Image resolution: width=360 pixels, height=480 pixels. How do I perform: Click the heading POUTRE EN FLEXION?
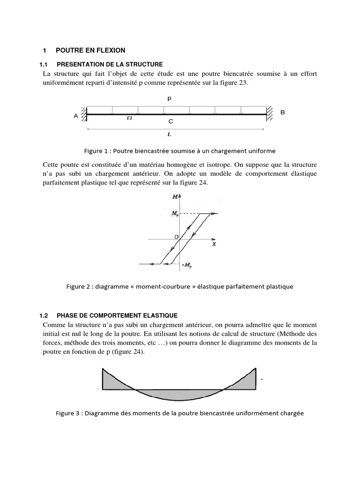coord(90,50)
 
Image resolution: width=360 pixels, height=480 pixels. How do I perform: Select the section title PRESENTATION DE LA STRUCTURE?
coord(109,64)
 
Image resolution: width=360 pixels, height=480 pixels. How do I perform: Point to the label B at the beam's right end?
coord(282,113)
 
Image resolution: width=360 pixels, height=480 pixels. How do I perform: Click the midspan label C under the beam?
coord(171,121)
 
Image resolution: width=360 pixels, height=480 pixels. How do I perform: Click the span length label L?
coord(169,134)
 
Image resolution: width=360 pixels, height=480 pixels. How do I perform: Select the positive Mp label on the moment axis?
coord(174,214)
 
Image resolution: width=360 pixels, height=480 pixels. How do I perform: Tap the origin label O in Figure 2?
coord(176,237)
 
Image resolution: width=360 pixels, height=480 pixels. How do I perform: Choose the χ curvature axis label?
coord(213,244)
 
